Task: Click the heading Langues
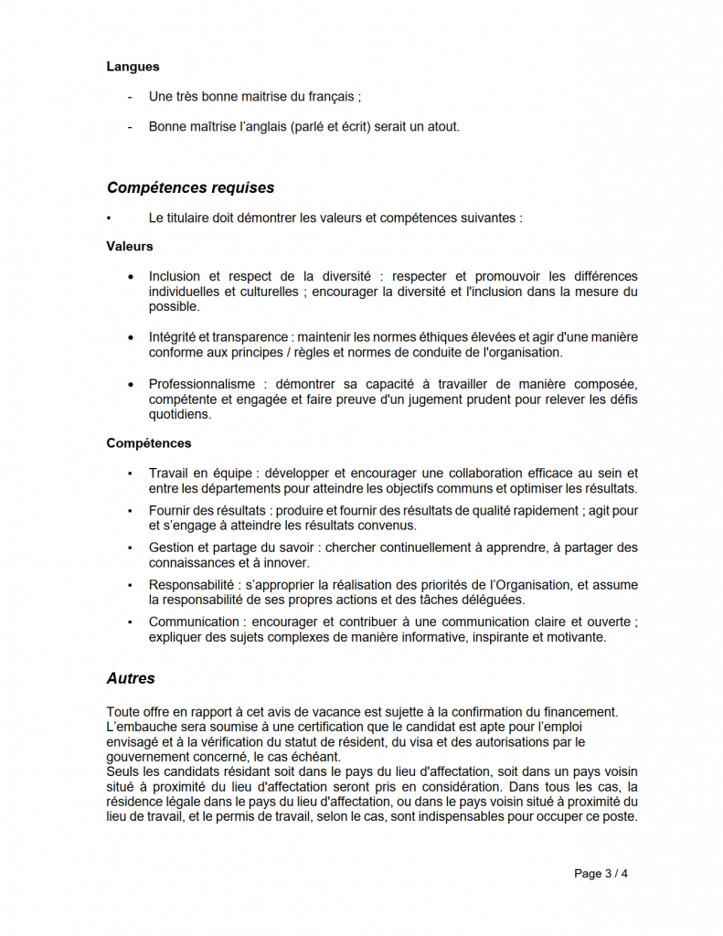click(133, 66)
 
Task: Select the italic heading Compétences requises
click(190, 187)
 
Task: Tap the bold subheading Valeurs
click(130, 246)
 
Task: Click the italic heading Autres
click(131, 678)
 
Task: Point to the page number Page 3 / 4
click(601, 873)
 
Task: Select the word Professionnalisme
click(202, 385)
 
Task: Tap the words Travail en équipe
click(200, 473)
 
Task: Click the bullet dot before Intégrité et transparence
click(129, 337)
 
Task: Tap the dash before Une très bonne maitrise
click(129, 96)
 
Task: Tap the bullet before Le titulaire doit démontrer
click(108, 218)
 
